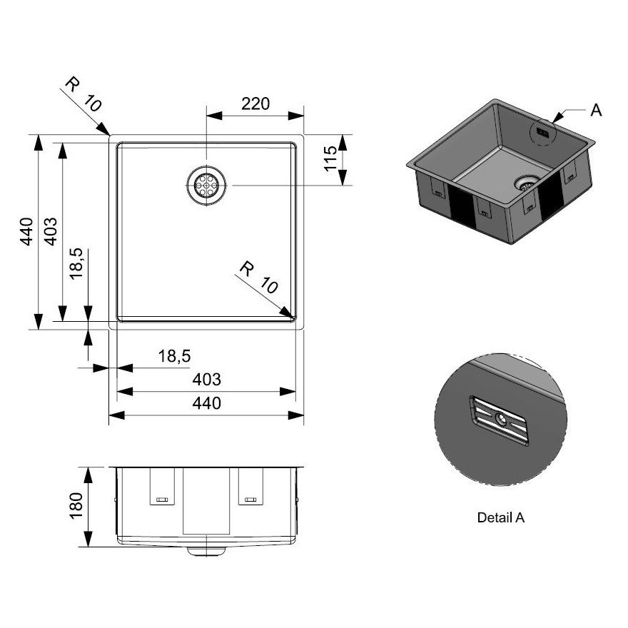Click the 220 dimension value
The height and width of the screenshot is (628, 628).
255,103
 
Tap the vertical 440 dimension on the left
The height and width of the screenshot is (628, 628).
26,231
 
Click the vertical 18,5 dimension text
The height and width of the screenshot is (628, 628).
77,263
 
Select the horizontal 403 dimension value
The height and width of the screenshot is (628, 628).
206,380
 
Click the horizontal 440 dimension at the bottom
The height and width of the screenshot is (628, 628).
206,403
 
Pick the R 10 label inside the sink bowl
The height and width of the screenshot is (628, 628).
258,278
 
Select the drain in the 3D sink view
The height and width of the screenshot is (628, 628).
526,183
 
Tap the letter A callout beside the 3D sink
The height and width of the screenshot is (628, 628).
597,110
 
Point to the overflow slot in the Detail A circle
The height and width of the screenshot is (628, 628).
499,421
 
